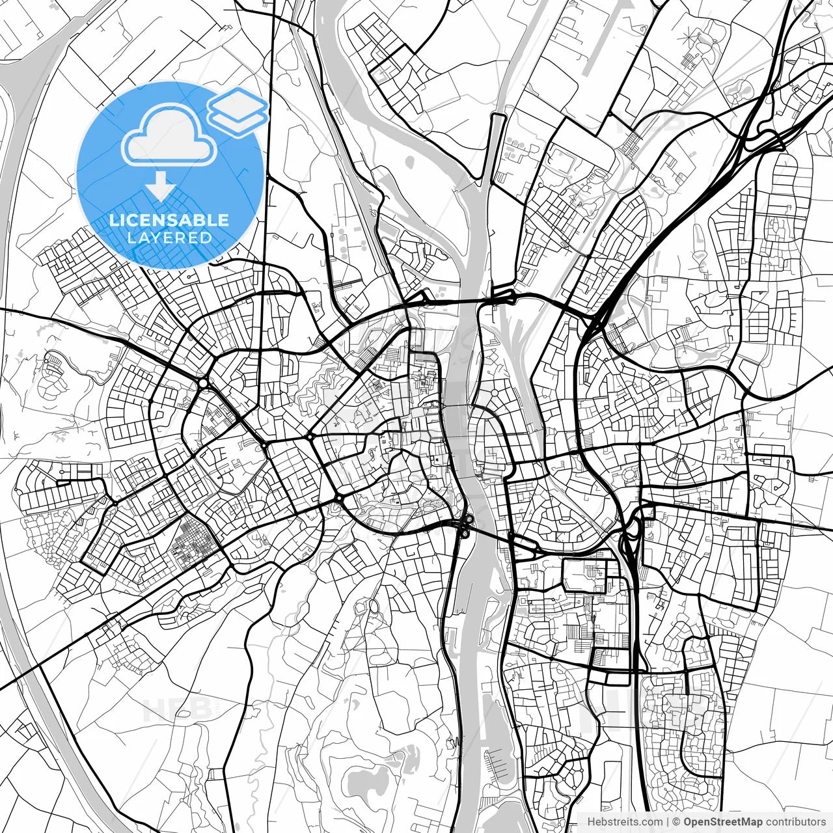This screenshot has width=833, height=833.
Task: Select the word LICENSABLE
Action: pos(169,220)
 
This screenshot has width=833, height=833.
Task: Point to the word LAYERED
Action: pos(169,238)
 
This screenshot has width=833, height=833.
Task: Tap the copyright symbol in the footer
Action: pos(677,822)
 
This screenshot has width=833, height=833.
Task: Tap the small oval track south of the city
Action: pos(374,607)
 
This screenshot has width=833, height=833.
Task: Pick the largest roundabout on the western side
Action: pos(204,383)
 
